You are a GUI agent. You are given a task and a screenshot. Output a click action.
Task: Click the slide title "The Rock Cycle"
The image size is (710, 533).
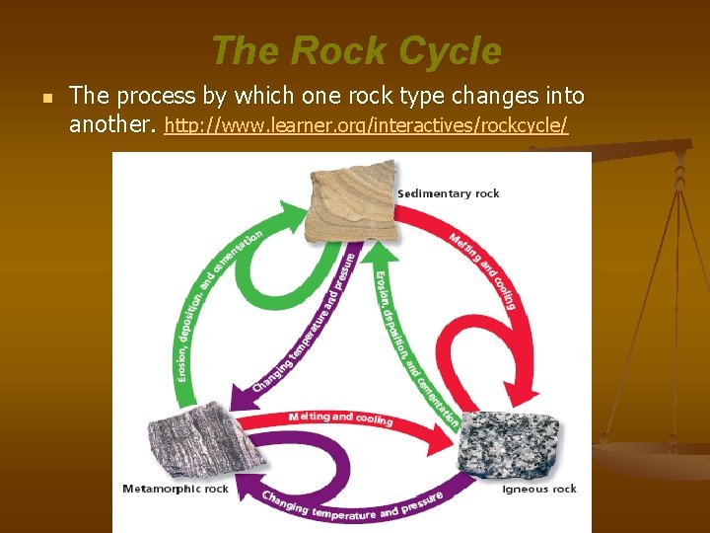tap(355, 51)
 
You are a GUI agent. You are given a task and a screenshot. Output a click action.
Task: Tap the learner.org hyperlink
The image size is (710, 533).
tap(366, 126)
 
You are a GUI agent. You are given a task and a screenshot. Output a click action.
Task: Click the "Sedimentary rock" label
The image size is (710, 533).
tap(448, 193)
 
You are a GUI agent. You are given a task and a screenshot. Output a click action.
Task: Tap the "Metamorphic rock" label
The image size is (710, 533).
tap(175, 489)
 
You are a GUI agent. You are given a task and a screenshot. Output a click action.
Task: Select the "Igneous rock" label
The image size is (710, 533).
tap(538, 489)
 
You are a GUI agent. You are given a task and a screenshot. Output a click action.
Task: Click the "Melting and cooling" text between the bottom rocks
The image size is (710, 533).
tap(340, 419)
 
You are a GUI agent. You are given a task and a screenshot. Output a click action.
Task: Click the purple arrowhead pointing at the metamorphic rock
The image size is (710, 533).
tap(239, 397)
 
